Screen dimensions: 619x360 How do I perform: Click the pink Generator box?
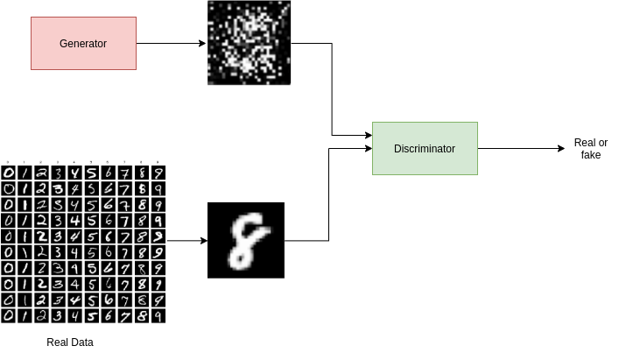pos(84,44)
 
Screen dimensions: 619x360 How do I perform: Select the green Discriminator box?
pos(426,148)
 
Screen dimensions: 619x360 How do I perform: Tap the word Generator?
pos(83,44)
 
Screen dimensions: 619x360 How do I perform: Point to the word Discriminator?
pos(425,149)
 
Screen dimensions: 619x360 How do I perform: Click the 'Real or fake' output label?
pos(591,148)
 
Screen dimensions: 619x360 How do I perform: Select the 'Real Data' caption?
pos(70,342)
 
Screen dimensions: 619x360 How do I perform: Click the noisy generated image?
pos(250,43)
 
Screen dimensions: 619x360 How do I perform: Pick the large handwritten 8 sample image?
pos(246,240)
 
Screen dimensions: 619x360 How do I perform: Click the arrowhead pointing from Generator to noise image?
pos(202,44)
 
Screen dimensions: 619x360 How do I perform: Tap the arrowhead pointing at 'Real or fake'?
pos(561,148)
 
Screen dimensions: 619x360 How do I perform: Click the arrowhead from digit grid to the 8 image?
pos(204,240)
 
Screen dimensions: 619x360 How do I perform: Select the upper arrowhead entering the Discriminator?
pos(369,136)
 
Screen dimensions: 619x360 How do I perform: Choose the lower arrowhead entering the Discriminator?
pos(369,148)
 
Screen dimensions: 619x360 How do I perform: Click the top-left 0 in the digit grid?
pos(8,173)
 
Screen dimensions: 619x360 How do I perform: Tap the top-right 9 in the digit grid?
pos(158,173)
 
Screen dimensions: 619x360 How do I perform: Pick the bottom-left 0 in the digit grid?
pos(8,316)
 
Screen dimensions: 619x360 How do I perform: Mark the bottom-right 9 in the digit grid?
pos(158,316)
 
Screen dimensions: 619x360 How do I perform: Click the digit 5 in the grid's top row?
pos(92,173)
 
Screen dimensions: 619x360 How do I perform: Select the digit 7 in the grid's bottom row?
pos(124,316)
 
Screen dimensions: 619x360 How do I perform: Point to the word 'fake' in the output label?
pos(591,155)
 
